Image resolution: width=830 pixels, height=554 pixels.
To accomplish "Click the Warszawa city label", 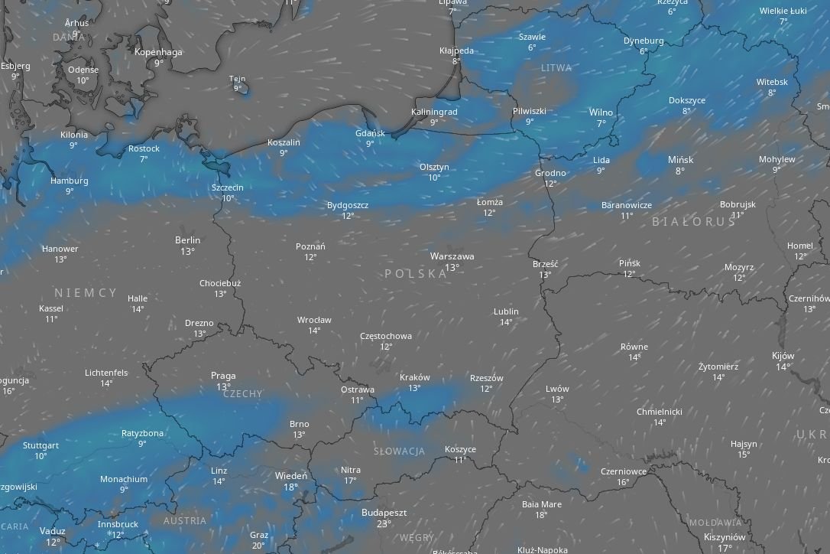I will [452, 256].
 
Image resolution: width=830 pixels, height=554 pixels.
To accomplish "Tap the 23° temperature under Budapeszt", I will [384, 524].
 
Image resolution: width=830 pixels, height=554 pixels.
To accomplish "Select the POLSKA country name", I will [416, 273].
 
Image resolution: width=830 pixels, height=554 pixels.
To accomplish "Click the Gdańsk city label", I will [370, 133].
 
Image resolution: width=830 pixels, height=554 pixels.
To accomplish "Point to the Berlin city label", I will [187, 240].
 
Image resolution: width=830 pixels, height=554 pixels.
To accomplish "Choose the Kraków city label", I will [414, 377].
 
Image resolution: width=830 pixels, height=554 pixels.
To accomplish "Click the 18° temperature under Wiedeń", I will [290, 487].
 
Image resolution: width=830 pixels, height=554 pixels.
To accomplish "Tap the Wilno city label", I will [601, 112].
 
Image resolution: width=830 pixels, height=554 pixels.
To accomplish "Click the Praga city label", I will [223, 376].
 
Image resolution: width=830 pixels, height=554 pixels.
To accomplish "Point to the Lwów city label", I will [557, 389].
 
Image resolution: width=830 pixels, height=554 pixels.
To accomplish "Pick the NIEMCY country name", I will [86, 292].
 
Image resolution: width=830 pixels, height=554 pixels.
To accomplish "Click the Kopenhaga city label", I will [158, 52].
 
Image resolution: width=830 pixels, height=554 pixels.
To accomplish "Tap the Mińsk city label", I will [680, 160].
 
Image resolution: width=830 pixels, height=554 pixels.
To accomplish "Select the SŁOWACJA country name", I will [399, 451].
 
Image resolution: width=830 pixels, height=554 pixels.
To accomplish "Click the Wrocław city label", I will [314, 320].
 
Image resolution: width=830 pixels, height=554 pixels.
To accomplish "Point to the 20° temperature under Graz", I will [258, 546].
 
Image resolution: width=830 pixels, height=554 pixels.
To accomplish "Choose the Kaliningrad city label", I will [434, 112].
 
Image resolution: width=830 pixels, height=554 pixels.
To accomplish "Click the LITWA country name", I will [556, 68].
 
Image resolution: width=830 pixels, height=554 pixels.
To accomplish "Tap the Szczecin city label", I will [228, 187].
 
